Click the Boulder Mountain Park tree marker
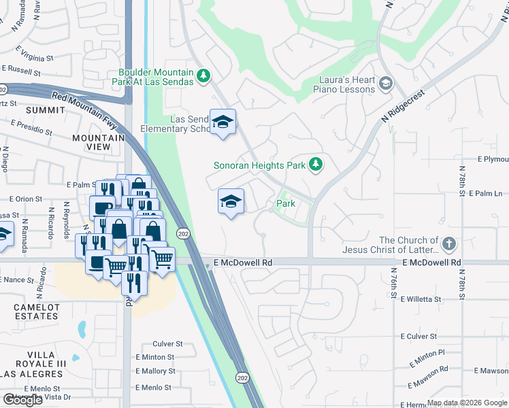tap(203, 78)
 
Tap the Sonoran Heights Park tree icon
tap(315, 164)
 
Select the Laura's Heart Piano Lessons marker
tap(386, 84)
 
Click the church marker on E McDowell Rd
tap(448, 244)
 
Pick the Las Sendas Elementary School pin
tap(223, 122)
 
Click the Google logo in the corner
tap(22, 400)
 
